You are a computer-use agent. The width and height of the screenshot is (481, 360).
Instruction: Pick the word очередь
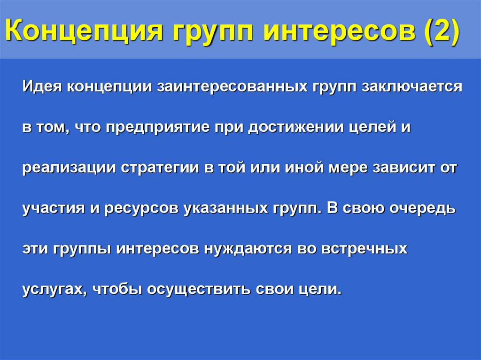pyautogui.click(x=421, y=208)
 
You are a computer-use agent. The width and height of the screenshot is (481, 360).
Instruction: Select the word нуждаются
pyautogui.click(x=248, y=249)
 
